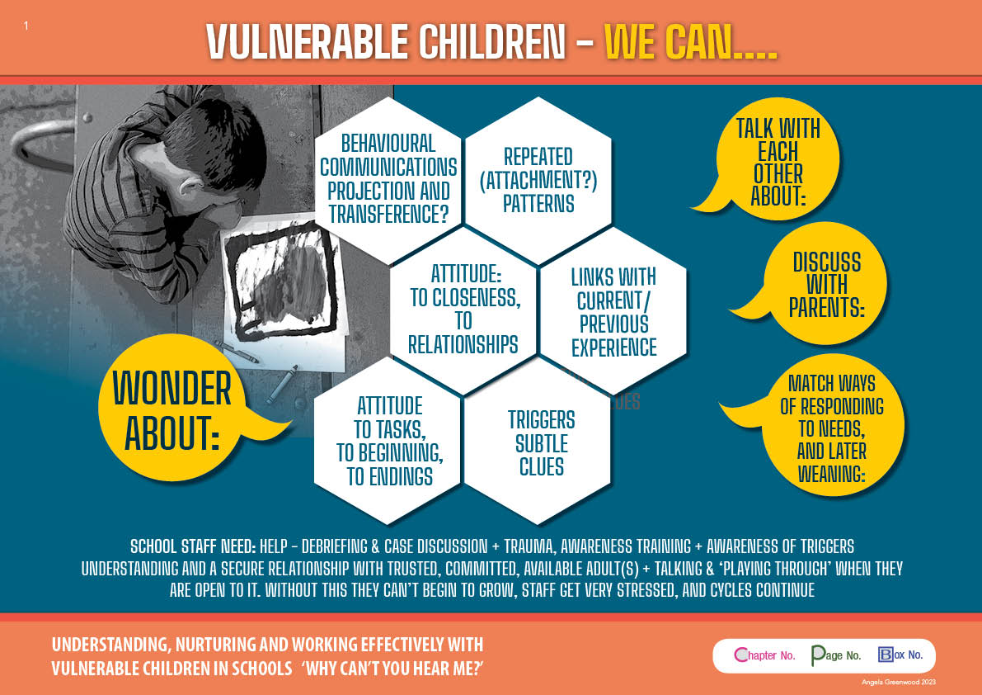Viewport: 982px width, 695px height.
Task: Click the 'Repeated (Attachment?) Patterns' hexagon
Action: pyautogui.click(x=538, y=180)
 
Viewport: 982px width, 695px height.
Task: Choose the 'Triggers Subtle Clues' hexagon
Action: pyautogui.click(x=538, y=442)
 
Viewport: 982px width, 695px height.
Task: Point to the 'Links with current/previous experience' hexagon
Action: pyautogui.click(x=613, y=311)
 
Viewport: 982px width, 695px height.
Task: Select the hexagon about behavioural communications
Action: pyautogui.click(x=388, y=180)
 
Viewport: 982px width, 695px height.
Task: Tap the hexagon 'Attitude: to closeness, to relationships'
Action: pyautogui.click(x=463, y=310)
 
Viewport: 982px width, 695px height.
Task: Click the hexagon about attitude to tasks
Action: pyautogui.click(x=388, y=441)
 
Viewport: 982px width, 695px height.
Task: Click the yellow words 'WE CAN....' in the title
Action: pyautogui.click(x=691, y=42)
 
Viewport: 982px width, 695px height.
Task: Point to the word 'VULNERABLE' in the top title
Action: pyautogui.click(x=307, y=42)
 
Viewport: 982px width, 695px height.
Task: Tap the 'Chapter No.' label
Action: pyautogui.click(x=764, y=655)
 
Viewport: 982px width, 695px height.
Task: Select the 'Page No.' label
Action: pyautogui.click(x=836, y=655)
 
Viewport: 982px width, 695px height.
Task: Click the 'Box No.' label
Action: pyautogui.click(x=900, y=655)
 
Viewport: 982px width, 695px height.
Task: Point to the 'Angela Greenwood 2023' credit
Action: pyautogui.click(x=899, y=682)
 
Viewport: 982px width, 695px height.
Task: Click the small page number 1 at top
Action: pyautogui.click(x=26, y=25)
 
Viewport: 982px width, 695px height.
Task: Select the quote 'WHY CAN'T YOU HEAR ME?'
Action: pyautogui.click(x=392, y=668)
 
